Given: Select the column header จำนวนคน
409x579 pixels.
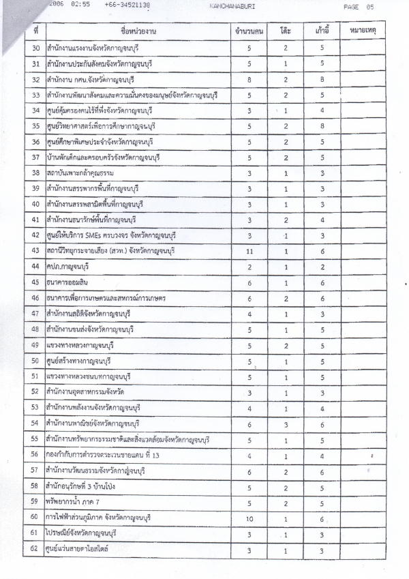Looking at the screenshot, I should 249,32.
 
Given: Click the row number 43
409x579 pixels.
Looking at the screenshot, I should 35,252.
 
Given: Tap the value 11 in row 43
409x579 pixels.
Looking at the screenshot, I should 249,252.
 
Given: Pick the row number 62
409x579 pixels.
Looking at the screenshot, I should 35,549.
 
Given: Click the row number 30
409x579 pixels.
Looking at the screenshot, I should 35,48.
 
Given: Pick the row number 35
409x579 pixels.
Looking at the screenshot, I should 35,126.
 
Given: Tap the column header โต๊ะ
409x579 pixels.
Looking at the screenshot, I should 286,32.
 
